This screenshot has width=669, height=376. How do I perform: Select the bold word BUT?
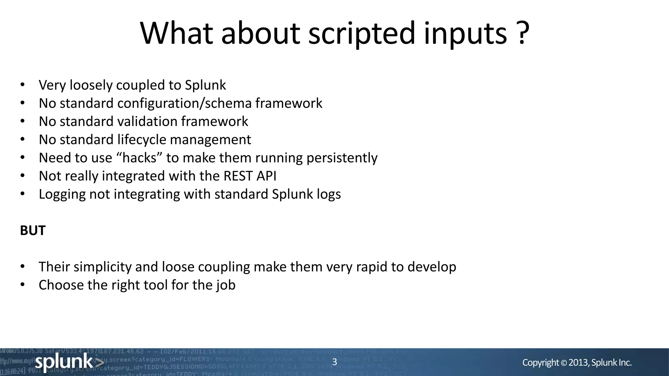[33, 230]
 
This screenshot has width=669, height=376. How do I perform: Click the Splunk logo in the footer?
[69, 362]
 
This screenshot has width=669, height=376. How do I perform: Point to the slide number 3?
[334, 362]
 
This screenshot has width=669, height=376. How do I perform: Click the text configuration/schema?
[184, 103]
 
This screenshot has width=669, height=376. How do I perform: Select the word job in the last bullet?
[225, 285]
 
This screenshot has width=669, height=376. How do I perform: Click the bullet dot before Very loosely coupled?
[22, 85]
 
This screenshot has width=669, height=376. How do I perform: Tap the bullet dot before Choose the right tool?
[22, 285]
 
